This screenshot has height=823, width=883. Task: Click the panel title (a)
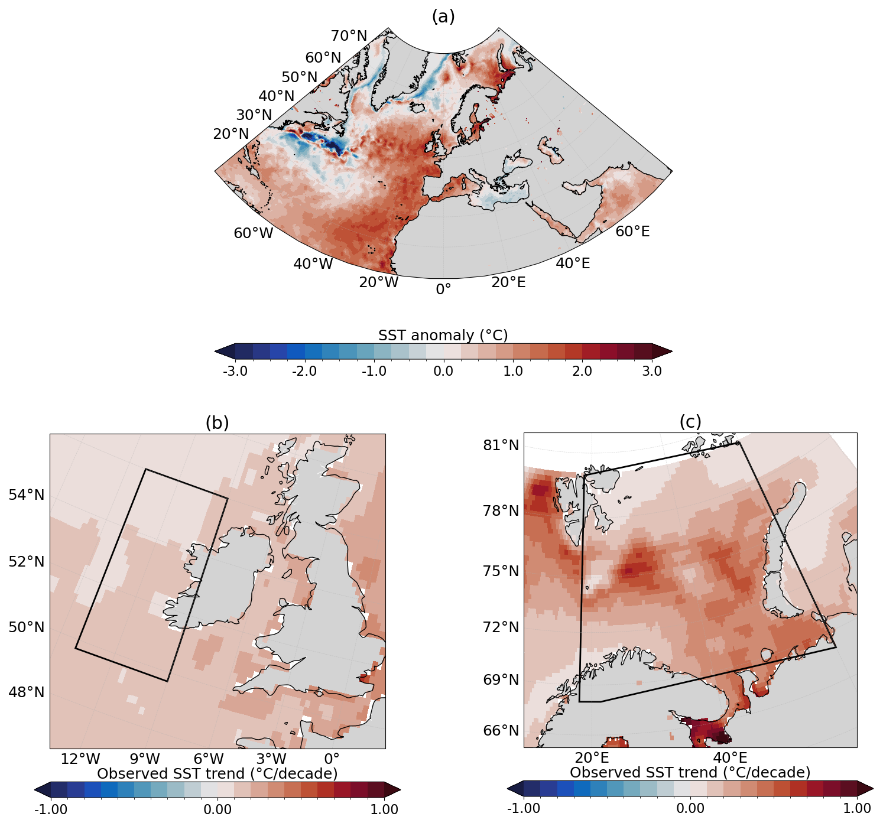443,17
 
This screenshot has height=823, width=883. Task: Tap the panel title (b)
217,422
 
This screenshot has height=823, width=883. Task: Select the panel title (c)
690,421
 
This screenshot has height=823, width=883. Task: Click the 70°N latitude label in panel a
349,36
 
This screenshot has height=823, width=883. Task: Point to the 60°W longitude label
254,233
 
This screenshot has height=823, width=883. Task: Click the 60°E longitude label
632,232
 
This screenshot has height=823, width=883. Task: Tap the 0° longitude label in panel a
443,289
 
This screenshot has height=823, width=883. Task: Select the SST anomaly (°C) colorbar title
443,335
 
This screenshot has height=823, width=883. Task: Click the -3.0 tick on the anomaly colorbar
235,372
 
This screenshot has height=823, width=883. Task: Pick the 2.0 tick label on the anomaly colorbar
582,372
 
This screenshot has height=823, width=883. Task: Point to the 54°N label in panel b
27,495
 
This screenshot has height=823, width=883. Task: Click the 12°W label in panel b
80,759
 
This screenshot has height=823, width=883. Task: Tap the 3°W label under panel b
271,759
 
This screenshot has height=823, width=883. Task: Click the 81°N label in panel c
501,445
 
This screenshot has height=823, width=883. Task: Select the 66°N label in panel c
501,731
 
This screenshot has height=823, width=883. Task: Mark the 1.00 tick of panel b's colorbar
384,809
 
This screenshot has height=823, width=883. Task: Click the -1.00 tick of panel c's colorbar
524,808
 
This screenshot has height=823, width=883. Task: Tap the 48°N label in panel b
27,692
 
